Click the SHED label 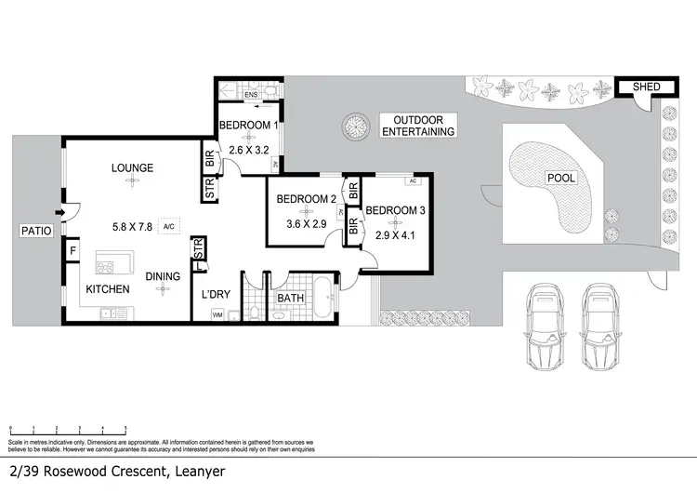pos(646,87)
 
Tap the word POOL pos(560,178)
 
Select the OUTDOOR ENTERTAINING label pos(424,126)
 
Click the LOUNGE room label pos(132,167)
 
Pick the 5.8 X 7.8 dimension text pos(132,226)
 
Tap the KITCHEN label pos(108,289)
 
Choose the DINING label pos(162,276)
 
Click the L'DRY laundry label pos(216,295)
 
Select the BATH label pos(290,298)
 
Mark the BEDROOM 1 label pos(248,126)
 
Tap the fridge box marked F pos(72,250)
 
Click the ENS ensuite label pos(250,95)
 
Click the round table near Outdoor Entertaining pos(354,126)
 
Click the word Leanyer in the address pos(196,472)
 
